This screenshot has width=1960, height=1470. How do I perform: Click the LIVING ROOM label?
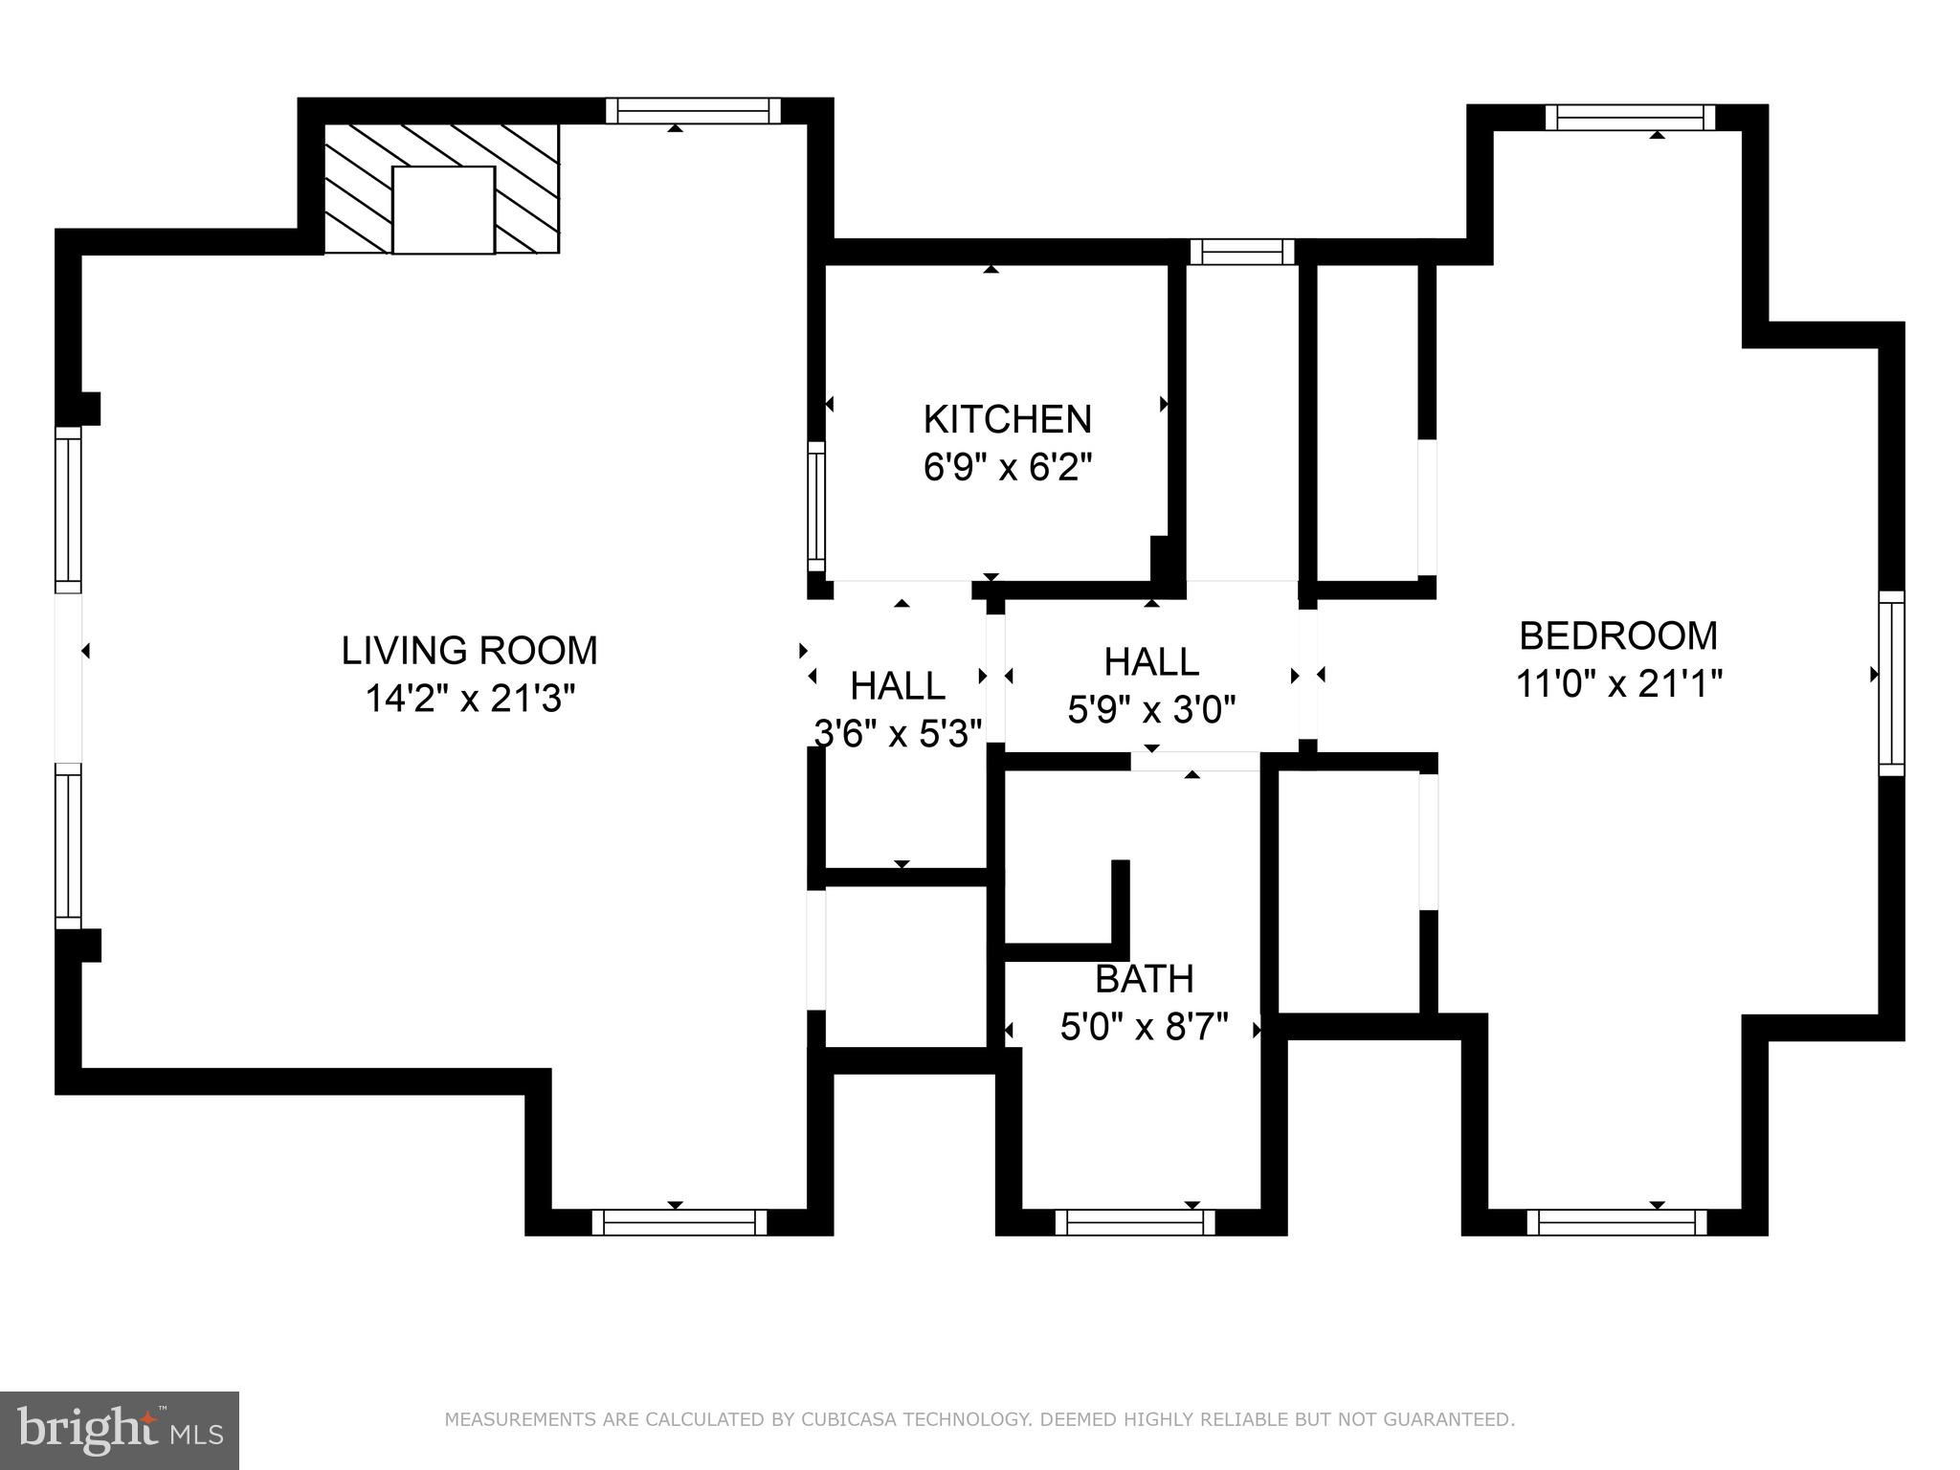pyautogui.click(x=470, y=651)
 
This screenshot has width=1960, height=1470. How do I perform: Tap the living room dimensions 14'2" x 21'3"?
pyautogui.click(x=470, y=699)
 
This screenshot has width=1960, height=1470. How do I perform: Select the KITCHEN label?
pyautogui.click(x=1007, y=419)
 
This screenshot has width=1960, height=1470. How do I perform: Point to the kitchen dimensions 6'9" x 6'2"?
pyautogui.click(x=1007, y=468)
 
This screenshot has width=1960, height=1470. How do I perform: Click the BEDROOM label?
pyautogui.click(x=1618, y=635)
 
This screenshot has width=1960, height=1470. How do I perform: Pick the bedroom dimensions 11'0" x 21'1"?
pyautogui.click(x=1618, y=684)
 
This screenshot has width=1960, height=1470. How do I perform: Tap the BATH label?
pyautogui.click(x=1144, y=979)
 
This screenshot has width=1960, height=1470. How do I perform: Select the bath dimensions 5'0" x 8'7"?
pyautogui.click(x=1144, y=1028)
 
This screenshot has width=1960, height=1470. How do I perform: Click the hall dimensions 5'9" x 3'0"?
pyautogui.click(x=1151, y=710)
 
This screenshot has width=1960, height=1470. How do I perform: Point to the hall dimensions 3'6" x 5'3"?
pyautogui.click(x=898, y=734)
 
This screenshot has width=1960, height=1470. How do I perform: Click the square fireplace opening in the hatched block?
pyautogui.click(x=443, y=210)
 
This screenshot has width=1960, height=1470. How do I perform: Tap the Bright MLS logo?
pyautogui.click(x=120, y=1431)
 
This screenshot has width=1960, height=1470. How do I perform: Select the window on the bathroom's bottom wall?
pyautogui.click(x=1135, y=1222)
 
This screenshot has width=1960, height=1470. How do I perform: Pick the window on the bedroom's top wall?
pyautogui.click(x=1630, y=118)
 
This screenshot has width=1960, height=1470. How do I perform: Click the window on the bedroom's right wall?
pyautogui.click(x=1891, y=683)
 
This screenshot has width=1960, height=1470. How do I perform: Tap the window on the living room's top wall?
pyautogui.click(x=694, y=111)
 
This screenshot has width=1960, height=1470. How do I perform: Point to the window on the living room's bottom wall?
pyautogui.click(x=679, y=1222)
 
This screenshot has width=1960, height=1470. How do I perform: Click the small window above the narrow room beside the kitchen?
pyautogui.click(x=1242, y=252)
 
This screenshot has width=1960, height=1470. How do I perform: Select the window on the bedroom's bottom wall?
pyautogui.click(x=1616, y=1222)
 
